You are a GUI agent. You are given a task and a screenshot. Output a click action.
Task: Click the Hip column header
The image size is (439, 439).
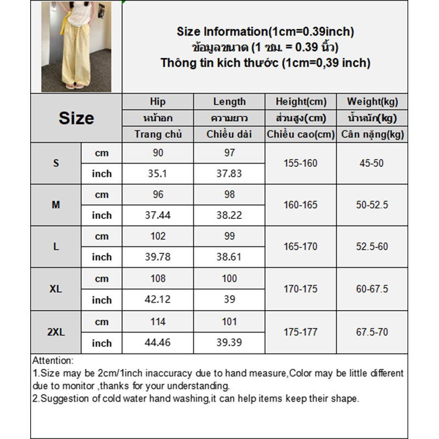pos(157,102)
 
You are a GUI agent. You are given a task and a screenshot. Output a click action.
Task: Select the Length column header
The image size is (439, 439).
pos(229,102)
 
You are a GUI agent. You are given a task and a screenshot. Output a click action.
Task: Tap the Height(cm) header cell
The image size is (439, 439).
pos(301,102)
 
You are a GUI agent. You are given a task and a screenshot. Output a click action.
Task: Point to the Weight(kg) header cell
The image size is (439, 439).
pos(373,102)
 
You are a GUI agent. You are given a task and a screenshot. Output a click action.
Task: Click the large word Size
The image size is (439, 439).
pos(76,118)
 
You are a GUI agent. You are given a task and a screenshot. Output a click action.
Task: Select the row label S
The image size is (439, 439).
pos(56,163)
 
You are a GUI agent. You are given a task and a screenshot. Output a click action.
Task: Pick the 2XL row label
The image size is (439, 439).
pos(56,332)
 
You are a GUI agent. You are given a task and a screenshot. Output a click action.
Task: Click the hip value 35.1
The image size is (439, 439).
pos(158,173)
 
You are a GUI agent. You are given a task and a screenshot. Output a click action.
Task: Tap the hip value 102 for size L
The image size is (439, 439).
pos(158,237)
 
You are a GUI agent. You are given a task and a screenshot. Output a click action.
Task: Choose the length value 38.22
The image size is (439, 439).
pos(229,215)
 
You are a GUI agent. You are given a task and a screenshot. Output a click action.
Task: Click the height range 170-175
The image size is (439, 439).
pos(301,289)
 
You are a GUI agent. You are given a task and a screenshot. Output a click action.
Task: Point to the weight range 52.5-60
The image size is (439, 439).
pos(372,246)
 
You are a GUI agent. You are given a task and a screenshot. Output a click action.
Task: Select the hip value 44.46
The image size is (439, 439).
pos(158,343)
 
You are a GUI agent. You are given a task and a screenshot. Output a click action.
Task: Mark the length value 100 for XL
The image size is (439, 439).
pos(229,279)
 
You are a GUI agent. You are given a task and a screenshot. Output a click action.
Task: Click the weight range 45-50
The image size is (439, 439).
pos(372,163)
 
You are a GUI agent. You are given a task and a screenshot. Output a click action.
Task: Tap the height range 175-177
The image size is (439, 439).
pos(301,332)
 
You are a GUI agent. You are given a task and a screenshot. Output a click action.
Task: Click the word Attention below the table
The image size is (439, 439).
pos(53,361)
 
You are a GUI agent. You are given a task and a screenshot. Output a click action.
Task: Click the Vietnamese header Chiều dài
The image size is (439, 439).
pos(229,134)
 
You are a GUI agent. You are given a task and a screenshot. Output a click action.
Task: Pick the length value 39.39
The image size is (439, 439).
pos(229,343)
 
